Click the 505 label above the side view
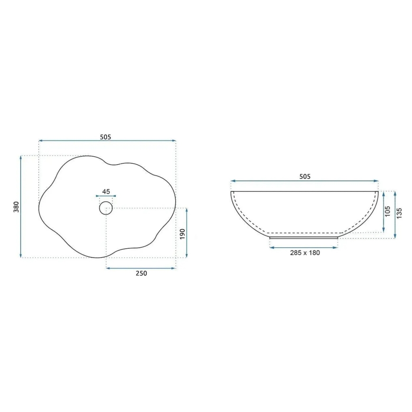click(x=305, y=177)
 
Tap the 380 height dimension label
click(x=16, y=207)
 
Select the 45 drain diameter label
click(x=106, y=191)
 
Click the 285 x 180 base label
click(x=305, y=253)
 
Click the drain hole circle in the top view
click(x=106, y=208)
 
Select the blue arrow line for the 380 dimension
click(x=21, y=207)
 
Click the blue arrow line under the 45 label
click(x=106, y=196)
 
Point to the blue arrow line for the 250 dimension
click(x=141, y=268)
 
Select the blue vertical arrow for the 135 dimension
click(x=394, y=215)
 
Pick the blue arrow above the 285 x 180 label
click(x=304, y=247)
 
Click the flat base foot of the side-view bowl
click(x=304, y=237)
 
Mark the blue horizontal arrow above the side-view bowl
click(x=305, y=181)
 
